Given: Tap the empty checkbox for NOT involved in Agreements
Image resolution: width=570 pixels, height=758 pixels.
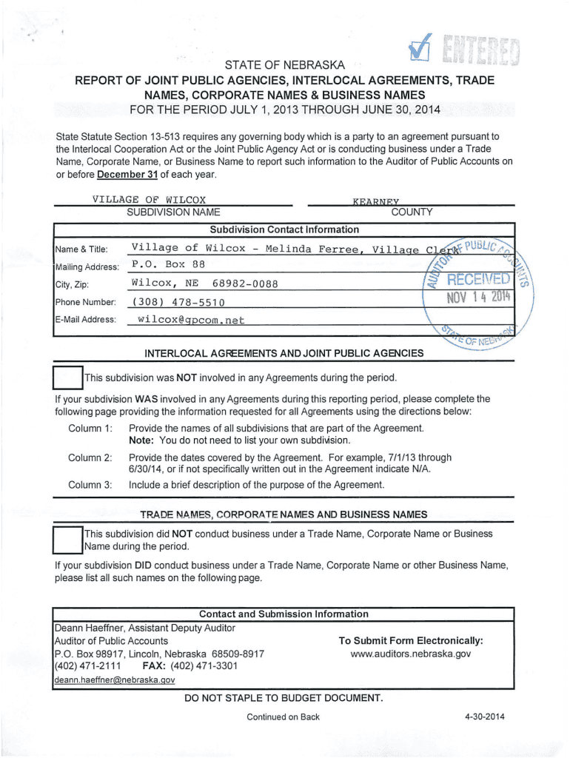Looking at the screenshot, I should click(67, 378).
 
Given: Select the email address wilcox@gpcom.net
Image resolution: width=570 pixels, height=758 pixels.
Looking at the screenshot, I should click(191, 320).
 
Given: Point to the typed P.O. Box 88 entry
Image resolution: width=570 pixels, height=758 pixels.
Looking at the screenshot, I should click(168, 264).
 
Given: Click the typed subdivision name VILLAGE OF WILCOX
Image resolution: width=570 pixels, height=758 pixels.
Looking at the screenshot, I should click(149, 199).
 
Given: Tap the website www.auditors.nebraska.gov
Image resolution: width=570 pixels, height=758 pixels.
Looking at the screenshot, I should click(411, 654).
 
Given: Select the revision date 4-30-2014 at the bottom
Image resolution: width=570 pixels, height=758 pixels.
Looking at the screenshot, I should click(484, 717).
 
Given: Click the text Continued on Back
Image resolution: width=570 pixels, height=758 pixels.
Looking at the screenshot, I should click(284, 717).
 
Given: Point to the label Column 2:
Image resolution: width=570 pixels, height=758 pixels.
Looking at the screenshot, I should click(90, 457).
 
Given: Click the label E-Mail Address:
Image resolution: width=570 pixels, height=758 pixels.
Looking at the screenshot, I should click(85, 320).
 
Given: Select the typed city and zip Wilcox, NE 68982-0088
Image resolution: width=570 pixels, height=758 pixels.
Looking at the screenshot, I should click(205, 283).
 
